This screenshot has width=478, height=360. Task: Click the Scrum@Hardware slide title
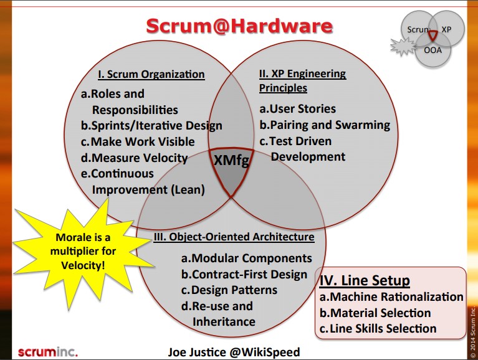[x=239, y=26]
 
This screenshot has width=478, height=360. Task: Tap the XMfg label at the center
[x=231, y=160]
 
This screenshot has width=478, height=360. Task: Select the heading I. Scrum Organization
[x=151, y=74]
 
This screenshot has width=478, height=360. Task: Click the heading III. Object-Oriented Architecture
[x=234, y=237]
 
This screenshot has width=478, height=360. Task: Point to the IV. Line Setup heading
[x=365, y=280]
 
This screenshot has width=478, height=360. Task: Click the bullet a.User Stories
[x=297, y=109]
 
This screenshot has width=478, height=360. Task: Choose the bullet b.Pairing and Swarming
[x=325, y=125]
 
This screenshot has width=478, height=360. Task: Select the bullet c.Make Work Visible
[x=138, y=141]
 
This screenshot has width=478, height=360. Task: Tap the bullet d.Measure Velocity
[x=134, y=158]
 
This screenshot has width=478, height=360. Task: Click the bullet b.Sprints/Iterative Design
[x=151, y=126]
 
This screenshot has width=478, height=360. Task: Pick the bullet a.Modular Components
[x=247, y=258]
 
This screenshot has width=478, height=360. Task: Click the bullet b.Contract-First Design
[x=244, y=275]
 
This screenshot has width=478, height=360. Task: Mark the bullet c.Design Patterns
[x=229, y=290]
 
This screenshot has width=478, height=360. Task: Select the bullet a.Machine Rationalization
[x=391, y=296]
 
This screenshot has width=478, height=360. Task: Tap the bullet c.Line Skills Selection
[x=378, y=329]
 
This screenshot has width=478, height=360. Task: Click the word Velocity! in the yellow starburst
[x=83, y=265]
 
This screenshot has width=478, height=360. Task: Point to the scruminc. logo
[x=48, y=352]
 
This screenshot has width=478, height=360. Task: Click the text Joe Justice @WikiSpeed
[x=234, y=352]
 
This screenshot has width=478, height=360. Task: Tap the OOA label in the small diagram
[x=433, y=50]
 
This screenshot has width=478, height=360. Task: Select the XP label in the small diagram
[x=446, y=29]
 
